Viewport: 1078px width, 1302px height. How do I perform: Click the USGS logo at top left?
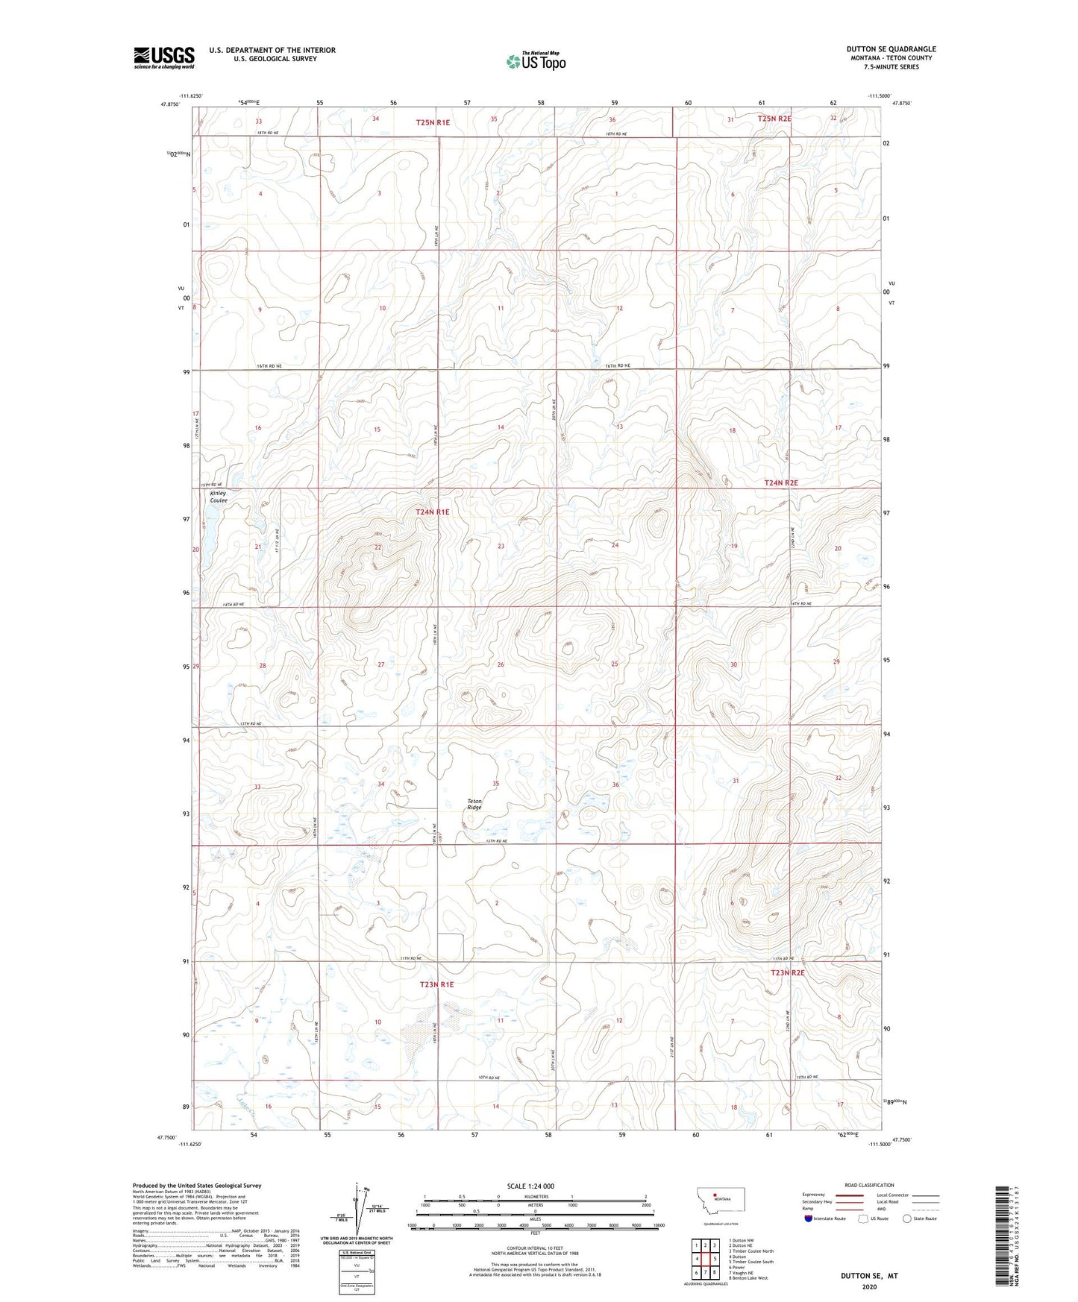pyautogui.click(x=163, y=57)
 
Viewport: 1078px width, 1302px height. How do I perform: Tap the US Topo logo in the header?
pyautogui.click(x=535, y=61)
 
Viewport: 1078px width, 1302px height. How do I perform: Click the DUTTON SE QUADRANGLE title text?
pyautogui.click(x=891, y=49)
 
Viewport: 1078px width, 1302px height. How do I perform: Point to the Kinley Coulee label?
pyautogui.click(x=218, y=497)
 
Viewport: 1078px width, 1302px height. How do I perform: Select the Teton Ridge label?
pyautogui.click(x=474, y=805)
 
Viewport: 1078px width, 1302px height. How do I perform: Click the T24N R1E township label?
pyautogui.click(x=433, y=512)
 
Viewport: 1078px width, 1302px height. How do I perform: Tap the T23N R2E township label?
pyautogui.click(x=788, y=973)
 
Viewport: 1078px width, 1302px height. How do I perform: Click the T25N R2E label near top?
pyautogui.click(x=774, y=119)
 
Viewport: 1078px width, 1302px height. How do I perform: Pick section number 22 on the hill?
pyautogui.click(x=378, y=547)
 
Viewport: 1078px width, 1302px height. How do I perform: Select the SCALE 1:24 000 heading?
pyautogui.click(x=530, y=1186)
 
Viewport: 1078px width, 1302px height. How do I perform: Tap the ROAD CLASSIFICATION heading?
pyautogui.click(x=869, y=1185)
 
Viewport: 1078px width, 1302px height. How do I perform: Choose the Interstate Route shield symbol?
pyautogui.click(x=809, y=1218)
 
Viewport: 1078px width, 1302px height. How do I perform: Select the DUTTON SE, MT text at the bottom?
pyautogui.click(x=869, y=1276)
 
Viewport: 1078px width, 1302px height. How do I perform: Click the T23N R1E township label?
pyautogui.click(x=436, y=984)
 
